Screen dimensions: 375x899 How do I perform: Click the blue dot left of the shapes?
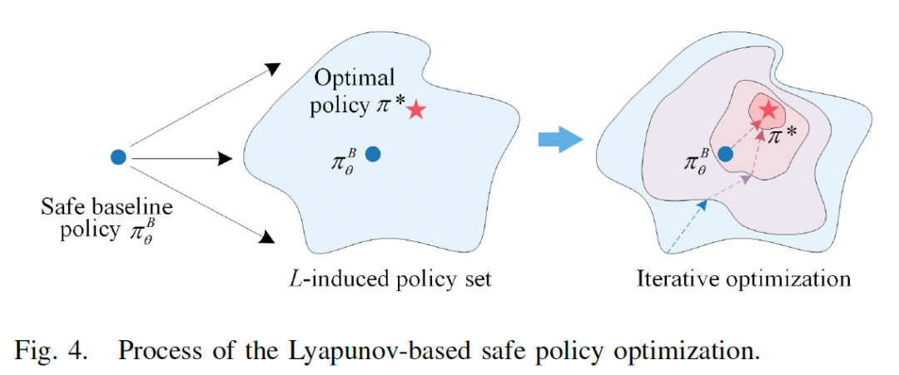tap(118, 156)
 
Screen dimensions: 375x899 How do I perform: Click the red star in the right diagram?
tap(768, 109)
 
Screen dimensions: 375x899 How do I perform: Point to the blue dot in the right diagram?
tap(725, 154)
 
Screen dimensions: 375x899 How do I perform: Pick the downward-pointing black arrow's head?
tap(266, 239)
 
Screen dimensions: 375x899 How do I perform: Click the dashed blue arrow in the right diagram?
tap(688, 225)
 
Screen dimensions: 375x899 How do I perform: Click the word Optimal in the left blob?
tap(354, 78)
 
